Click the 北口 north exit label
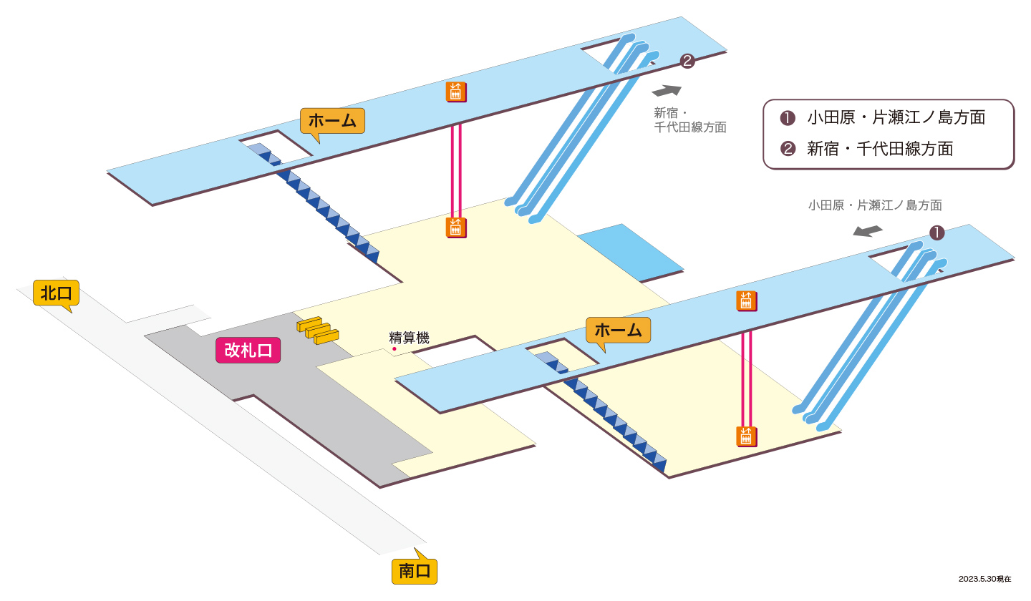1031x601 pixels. pos(56,293)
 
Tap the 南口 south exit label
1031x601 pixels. pos(415,571)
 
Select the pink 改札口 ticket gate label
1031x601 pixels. pos(248,351)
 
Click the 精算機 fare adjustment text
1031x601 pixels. pos(409,338)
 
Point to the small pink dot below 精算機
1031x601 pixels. pos(395,349)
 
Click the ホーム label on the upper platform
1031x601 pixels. pos(332,121)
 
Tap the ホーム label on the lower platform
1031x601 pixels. pos(618,330)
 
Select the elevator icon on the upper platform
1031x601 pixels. pos(456,92)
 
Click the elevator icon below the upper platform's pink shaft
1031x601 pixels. pos(456,228)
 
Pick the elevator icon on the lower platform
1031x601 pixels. pos(747,301)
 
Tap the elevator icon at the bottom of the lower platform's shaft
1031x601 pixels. pos(747,437)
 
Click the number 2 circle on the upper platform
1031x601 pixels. pos(687,61)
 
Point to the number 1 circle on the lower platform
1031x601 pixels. pos(937,233)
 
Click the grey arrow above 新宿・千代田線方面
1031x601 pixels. pos(667,91)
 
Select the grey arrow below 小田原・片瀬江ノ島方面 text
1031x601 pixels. pos(868,231)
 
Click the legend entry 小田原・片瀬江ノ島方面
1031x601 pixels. pos(883,118)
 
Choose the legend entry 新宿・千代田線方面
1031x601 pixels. pos(866,149)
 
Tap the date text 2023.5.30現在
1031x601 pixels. pos(985,579)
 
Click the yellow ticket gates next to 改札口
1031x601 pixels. pos(318,330)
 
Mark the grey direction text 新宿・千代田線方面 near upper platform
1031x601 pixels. pos(690,120)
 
